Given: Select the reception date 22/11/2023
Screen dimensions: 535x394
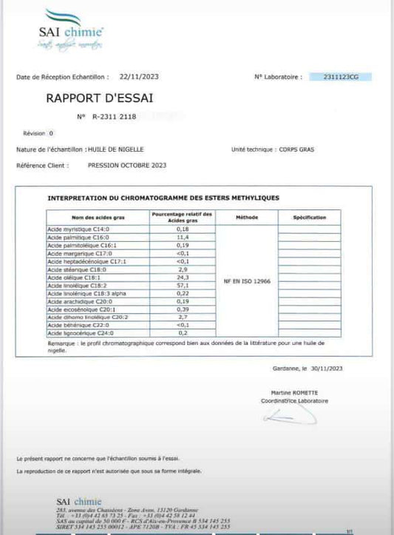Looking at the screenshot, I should pyautogui.click(x=138, y=76).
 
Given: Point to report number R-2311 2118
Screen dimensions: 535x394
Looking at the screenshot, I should pyautogui.click(x=115, y=116).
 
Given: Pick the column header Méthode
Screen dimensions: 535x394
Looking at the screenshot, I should pyautogui.click(x=246, y=218).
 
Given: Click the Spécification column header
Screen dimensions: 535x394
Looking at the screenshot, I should pyautogui.click(x=309, y=218).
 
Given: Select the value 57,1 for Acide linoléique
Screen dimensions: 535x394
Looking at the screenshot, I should pyautogui.click(x=182, y=285).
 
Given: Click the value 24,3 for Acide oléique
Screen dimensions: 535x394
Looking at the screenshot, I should pyautogui.click(x=182, y=277).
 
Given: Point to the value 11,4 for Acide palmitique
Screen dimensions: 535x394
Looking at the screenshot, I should pyautogui.click(x=182, y=238).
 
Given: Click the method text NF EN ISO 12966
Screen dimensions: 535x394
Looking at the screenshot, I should pyautogui.click(x=246, y=281).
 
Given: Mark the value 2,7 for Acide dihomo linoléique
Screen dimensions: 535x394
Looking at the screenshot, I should pyautogui.click(x=182, y=316).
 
